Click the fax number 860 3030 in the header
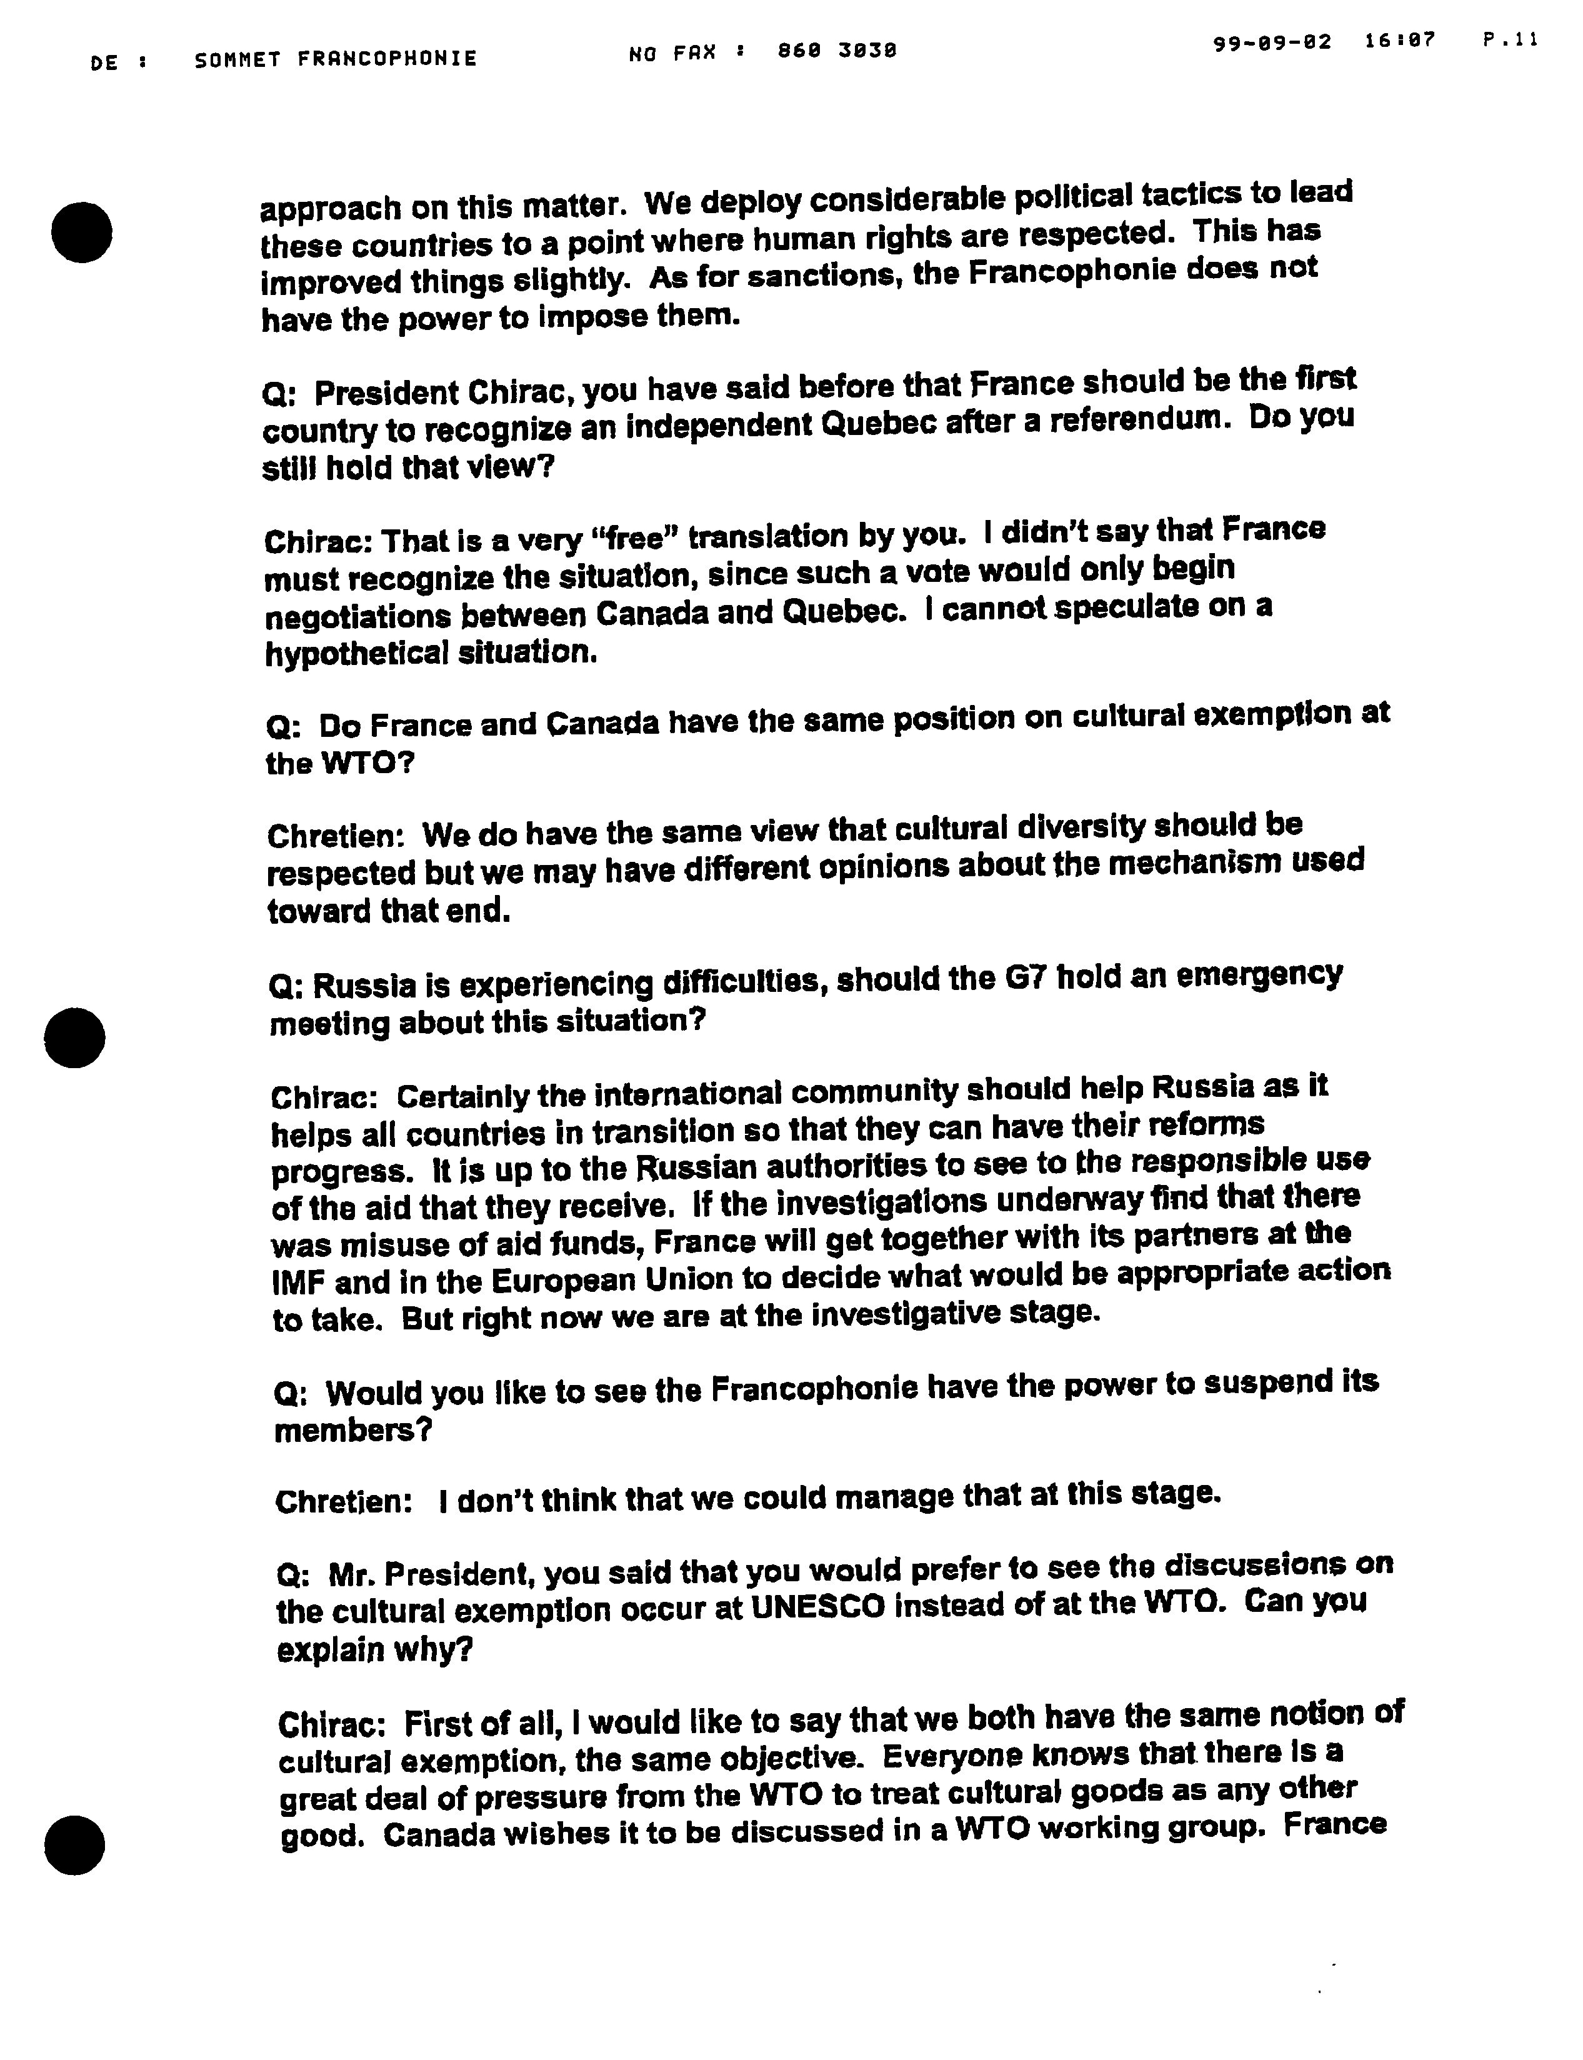tap(837, 52)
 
